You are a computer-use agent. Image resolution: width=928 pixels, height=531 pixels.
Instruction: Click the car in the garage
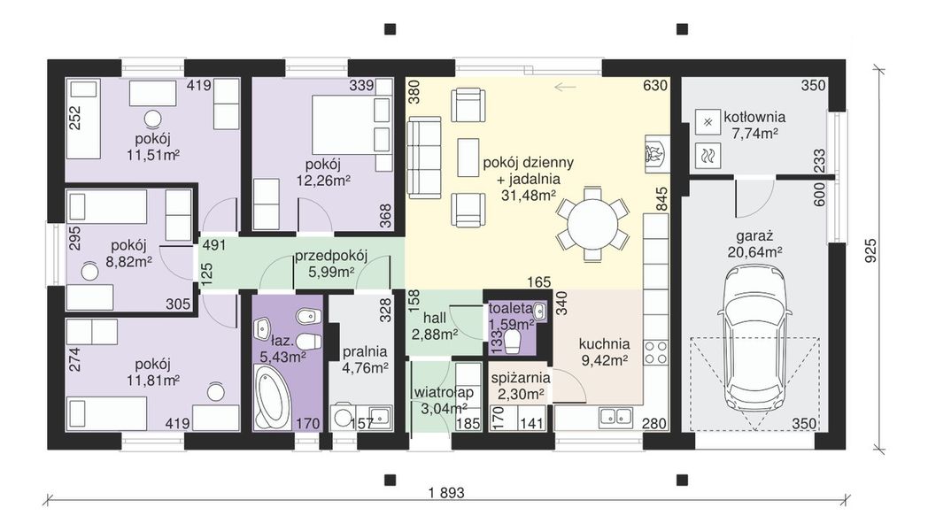coord(754,348)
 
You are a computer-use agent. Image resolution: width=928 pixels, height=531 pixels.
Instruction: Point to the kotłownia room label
coord(754,117)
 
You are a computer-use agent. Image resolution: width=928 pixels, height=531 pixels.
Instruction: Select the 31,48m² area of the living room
coord(529,196)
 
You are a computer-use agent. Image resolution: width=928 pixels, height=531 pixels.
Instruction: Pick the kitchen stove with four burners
coord(656,352)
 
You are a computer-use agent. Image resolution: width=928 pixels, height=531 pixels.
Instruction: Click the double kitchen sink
coord(615,418)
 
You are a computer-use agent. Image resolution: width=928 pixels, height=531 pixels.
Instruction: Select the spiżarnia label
coord(521,378)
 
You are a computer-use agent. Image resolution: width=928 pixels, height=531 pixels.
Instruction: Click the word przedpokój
coord(331,256)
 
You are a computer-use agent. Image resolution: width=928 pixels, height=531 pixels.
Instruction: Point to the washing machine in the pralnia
coord(343,416)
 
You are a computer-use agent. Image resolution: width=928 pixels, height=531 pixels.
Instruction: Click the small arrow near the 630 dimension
coord(565,88)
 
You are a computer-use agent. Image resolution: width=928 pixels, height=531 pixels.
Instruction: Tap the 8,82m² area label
coord(129,260)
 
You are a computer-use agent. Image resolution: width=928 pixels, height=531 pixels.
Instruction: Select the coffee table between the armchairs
coord(468,157)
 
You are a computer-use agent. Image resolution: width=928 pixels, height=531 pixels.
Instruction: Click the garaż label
coord(754,236)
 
